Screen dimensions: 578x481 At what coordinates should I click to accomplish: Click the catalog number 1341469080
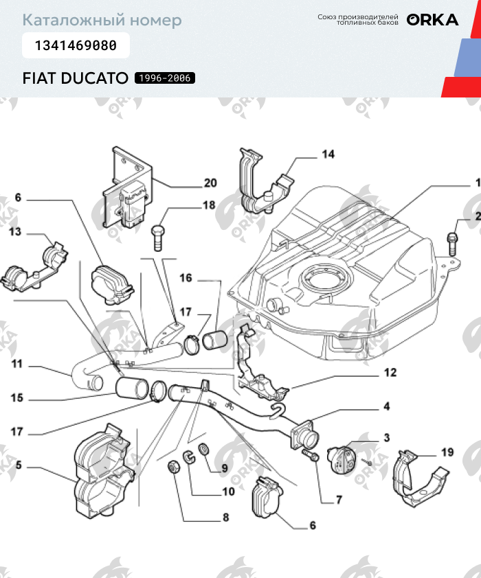(76, 46)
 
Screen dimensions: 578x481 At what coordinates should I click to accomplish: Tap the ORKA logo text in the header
(432, 20)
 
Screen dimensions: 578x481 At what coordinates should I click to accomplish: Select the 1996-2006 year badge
(165, 78)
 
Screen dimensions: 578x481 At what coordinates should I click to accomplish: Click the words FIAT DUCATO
(75, 78)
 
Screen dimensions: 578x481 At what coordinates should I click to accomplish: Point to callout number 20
(210, 183)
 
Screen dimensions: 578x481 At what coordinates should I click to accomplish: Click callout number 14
(328, 154)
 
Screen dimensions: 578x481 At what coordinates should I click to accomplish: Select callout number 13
(15, 232)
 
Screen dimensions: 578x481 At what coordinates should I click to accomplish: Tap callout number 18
(208, 205)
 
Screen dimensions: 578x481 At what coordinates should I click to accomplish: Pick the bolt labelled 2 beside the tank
(452, 240)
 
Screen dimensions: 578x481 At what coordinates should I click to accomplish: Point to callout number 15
(16, 397)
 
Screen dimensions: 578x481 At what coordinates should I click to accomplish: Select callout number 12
(390, 373)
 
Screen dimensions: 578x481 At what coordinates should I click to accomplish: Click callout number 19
(447, 452)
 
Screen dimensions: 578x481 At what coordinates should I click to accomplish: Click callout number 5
(19, 465)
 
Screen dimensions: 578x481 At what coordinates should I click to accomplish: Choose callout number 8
(225, 518)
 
